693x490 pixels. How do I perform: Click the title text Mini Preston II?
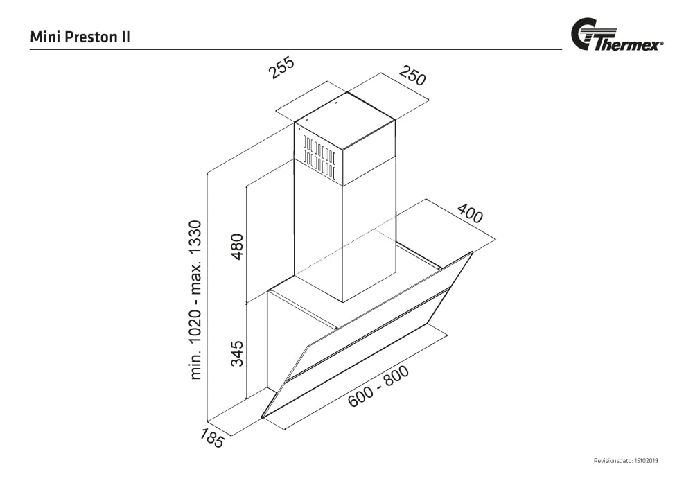point(80,37)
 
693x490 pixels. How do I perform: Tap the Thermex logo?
point(616,36)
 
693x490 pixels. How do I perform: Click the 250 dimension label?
point(412,76)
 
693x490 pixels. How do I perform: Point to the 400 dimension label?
point(469,215)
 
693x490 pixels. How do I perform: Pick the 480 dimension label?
point(238,247)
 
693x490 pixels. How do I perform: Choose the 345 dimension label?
point(238,353)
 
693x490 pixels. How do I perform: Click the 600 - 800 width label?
point(378,386)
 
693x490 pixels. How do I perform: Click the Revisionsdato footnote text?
point(626,461)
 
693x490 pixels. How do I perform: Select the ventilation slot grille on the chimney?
point(319,157)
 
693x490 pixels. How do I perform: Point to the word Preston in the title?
point(91,37)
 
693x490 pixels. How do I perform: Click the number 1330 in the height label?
point(196,239)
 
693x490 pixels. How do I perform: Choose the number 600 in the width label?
point(361,396)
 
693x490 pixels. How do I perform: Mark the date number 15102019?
point(646,461)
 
